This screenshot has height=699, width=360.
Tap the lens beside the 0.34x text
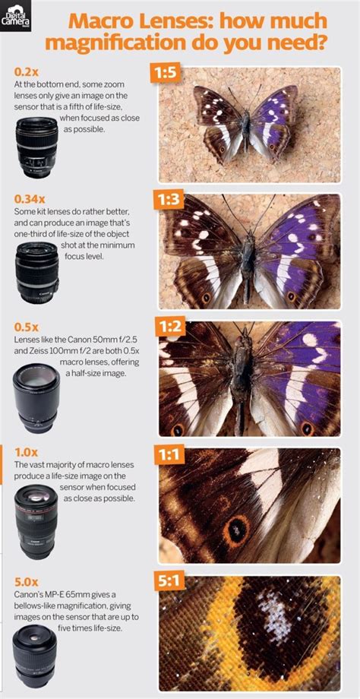(x=36, y=273)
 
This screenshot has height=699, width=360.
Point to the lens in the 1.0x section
(x=35, y=523)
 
